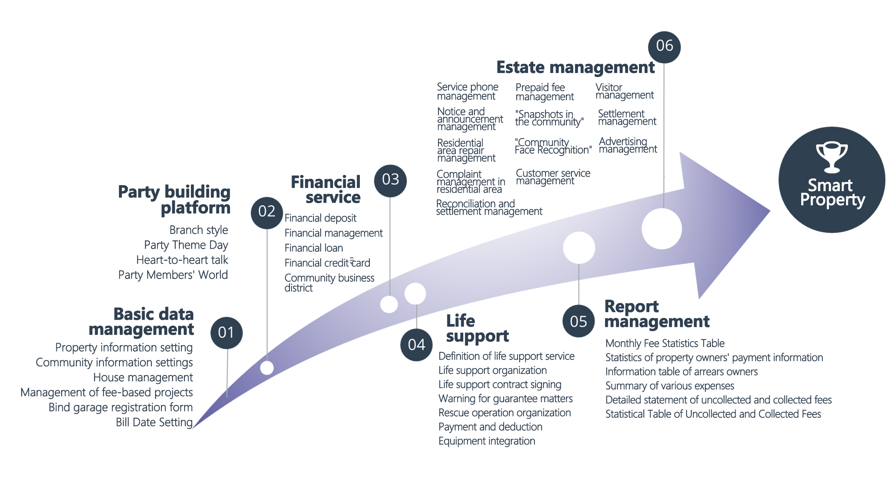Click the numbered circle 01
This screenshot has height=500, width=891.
(x=226, y=333)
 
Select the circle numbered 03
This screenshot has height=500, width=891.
(x=390, y=180)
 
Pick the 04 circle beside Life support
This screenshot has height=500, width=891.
(x=416, y=345)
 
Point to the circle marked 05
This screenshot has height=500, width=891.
(x=578, y=321)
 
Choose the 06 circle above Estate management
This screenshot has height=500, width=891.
(x=664, y=47)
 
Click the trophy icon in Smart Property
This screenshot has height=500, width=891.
(x=832, y=157)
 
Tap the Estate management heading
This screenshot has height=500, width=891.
(x=575, y=67)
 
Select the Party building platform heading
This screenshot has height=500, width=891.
(x=175, y=200)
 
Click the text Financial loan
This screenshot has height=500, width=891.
(x=314, y=248)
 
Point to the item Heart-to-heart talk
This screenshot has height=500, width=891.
(x=182, y=260)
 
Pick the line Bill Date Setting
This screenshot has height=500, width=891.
(x=154, y=422)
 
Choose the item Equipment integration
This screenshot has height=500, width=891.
(x=486, y=441)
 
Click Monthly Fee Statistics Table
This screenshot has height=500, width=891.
(x=665, y=343)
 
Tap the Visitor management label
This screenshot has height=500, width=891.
(x=624, y=91)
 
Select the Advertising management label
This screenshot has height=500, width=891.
(x=627, y=145)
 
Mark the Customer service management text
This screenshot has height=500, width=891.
(x=553, y=177)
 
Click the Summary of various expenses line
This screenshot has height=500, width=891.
(x=669, y=386)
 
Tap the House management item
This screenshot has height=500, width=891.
(x=143, y=377)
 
